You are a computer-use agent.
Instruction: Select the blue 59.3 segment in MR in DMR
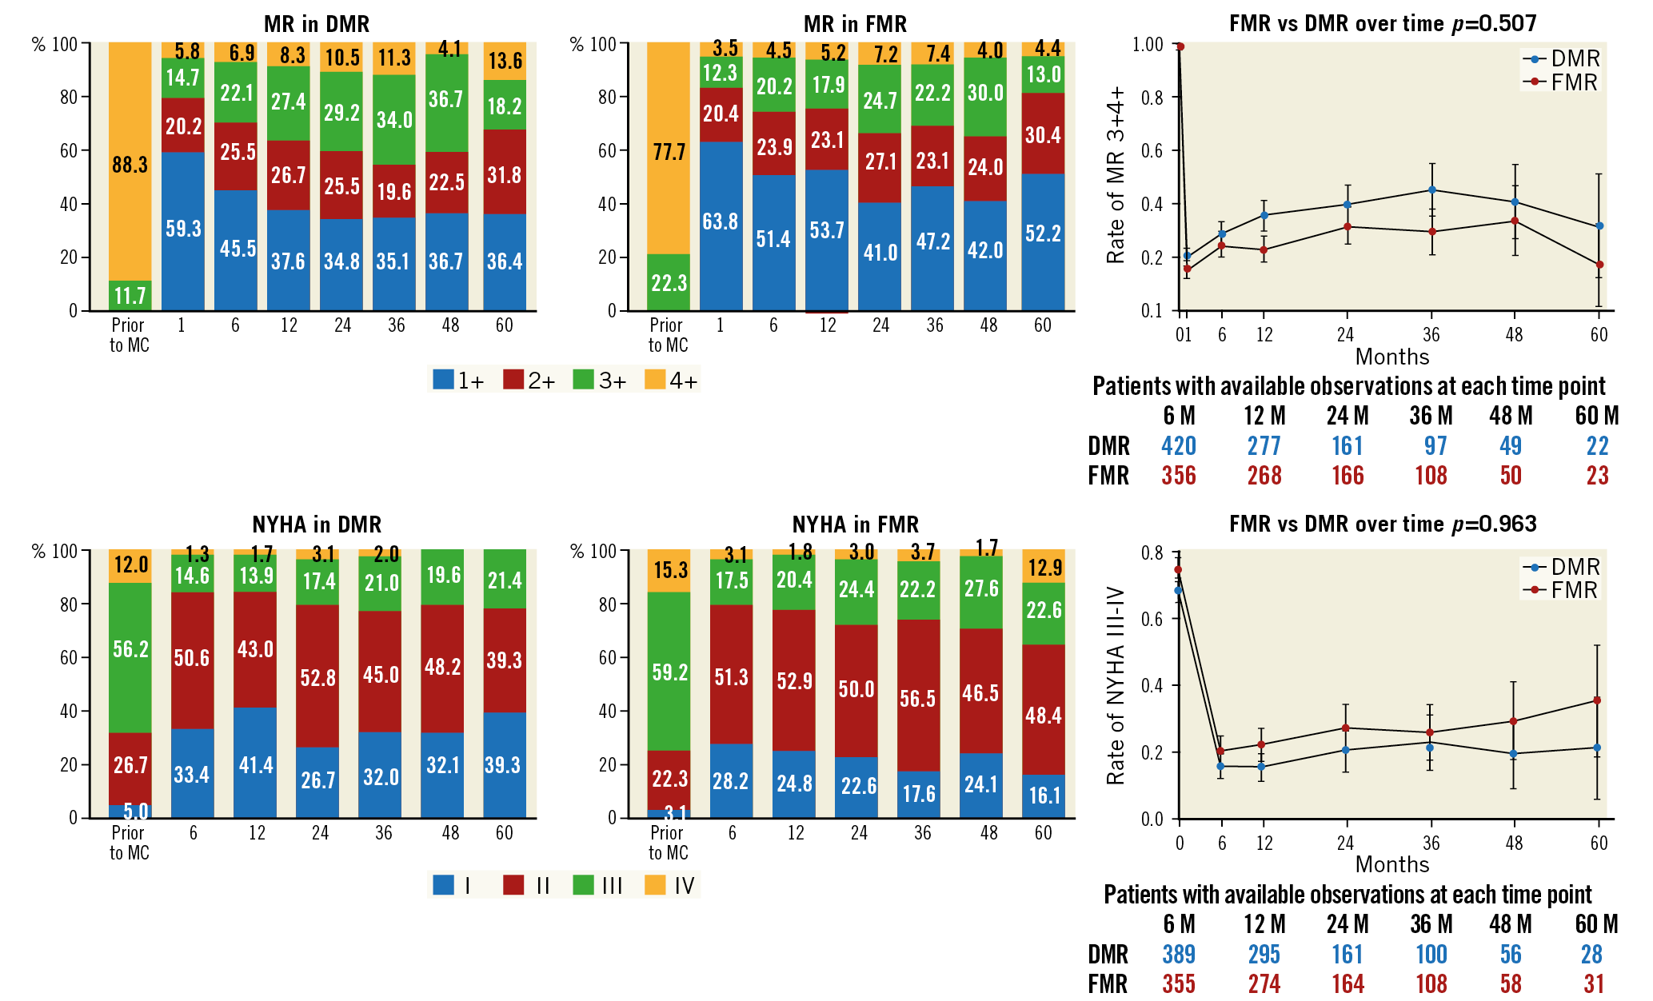pos(183,230)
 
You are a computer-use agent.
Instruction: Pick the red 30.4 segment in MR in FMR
pos(1043,134)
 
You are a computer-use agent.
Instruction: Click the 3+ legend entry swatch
pos(584,380)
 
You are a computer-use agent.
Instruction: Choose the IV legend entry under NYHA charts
pos(671,886)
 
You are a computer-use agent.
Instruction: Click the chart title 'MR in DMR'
pos(317,24)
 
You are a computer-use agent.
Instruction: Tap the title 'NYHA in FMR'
pos(855,524)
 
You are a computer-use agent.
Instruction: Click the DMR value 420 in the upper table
pos(1179,446)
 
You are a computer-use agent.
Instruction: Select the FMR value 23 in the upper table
pos(1597,476)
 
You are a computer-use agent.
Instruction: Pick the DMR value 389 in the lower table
pos(1179,955)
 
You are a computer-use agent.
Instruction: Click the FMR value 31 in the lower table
pos(1594,984)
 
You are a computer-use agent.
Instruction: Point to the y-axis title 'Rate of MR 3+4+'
pos(1116,176)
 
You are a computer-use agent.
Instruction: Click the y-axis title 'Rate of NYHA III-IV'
pos(1116,686)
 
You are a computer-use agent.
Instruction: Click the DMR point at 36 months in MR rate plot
pos(1431,189)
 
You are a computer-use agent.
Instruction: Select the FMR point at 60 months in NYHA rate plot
pos(1597,700)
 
